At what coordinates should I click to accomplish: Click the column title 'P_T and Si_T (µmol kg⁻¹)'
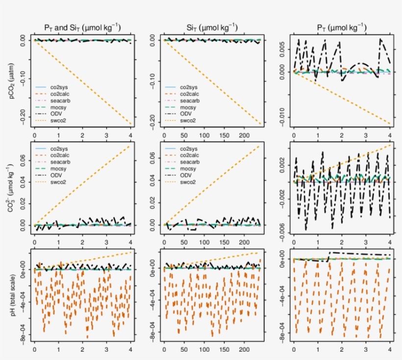click(82, 26)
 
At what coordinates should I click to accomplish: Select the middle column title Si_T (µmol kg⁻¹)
click(212, 26)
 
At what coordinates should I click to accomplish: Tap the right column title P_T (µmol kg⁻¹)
click(342, 26)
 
